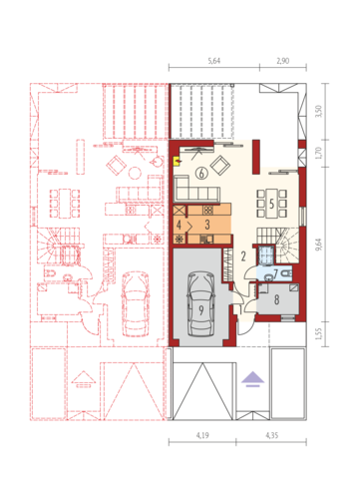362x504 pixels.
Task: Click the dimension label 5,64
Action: [214, 61]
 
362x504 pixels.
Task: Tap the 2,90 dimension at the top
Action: [283, 61]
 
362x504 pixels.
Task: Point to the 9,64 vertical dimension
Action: [319, 245]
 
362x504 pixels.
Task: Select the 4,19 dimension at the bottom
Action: [202, 435]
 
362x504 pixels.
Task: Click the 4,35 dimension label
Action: [272, 435]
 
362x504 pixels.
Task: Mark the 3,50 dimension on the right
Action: [319, 111]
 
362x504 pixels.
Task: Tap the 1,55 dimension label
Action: [319, 333]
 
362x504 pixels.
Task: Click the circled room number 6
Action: [201, 173]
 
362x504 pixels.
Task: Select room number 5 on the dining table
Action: [271, 204]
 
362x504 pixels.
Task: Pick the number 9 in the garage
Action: [201, 310]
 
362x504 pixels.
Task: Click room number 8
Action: [276, 299]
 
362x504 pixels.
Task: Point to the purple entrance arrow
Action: [252, 379]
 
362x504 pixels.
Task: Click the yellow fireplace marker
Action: [177, 162]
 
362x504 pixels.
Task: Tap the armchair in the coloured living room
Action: [220, 166]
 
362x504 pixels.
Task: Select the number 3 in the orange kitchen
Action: [207, 225]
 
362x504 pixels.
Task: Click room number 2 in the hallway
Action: [243, 256]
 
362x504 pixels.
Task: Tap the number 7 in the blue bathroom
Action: [275, 273]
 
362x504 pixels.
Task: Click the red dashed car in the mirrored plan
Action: [135, 303]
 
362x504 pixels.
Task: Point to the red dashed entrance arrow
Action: [83, 379]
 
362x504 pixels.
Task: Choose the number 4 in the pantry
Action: [179, 225]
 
